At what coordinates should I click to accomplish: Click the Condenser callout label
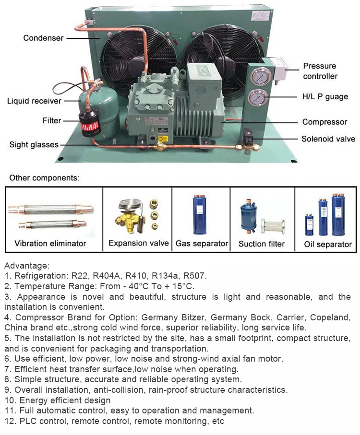pyautogui.click(x=43, y=38)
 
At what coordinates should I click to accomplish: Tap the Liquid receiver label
pyautogui.click(x=34, y=101)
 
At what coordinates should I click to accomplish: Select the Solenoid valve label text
pyautogui.click(x=328, y=139)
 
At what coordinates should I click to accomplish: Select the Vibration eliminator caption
pyautogui.click(x=50, y=243)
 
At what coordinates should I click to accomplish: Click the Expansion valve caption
pyautogui.click(x=138, y=243)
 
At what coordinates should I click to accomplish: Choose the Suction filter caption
pyautogui.click(x=262, y=244)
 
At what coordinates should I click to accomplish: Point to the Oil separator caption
pyautogui.click(x=328, y=244)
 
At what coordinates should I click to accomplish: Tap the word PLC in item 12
pyautogui.click(x=29, y=422)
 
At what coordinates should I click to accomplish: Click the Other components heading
pyautogui.click(x=44, y=177)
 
